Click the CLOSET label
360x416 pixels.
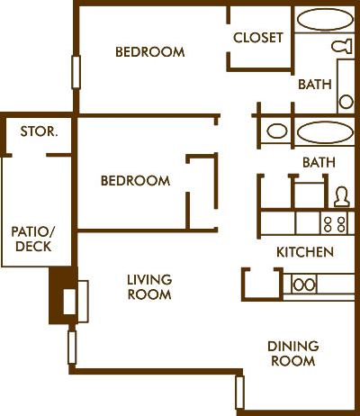pyautogui.click(x=258, y=38)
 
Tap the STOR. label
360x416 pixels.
pyautogui.click(x=39, y=131)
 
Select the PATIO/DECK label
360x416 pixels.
pyautogui.click(x=31, y=239)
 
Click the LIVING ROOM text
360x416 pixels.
pyautogui.click(x=148, y=286)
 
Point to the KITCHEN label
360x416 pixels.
pyautogui.click(x=305, y=252)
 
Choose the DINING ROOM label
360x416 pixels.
pyautogui.click(x=292, y=353)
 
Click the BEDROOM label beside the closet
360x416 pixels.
pyautogui.click(x=149, y=52)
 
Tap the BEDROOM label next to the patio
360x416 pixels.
pyautogui.click(x=134, y=181)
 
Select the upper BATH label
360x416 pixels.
pyautogui.click(x=314, y=85)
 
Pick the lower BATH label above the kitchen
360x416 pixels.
pyautogui.click(x=319, y=163)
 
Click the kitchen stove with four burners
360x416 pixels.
pyautogui.click(x=335, y=222)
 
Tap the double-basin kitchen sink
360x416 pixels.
pyautogui.click(x=304, y=285)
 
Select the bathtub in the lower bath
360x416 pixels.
pyautogui.click(x=325, y=131)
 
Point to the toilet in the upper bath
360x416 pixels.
pyautogui.click(x=342, y=45)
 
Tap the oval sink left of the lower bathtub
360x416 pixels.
pyautogui.click(x=277, y=131)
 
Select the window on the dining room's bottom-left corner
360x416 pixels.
pyautogui.click(x=239, y=392)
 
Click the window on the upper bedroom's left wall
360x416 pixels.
pyautogui.click(x=76, y=72)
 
